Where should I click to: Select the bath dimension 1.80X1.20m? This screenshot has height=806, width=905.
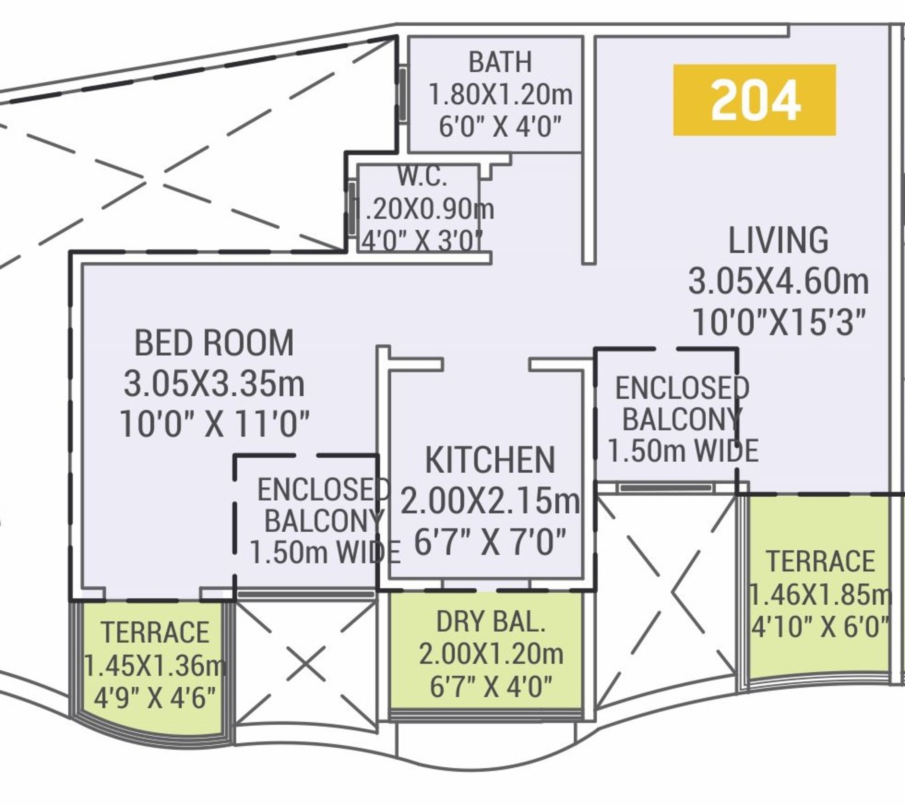click(x=501, y=94)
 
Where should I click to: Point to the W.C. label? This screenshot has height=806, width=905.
click(x=422, y=176)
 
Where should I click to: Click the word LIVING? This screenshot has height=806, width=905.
click(x=778, y=240)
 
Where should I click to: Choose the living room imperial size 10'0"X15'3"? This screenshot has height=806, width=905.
click(x=778, y=322)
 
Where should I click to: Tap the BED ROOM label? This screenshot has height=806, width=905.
click(x=214, y=343)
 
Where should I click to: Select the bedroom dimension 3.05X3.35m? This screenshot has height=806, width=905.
click(x=214, y=384)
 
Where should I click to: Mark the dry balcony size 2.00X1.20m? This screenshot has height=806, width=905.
click(x=491, y=654)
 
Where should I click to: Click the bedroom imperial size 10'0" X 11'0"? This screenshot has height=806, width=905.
click(x=214, y=424)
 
